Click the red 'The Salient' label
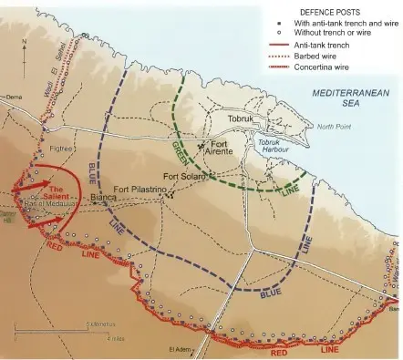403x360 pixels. [36, 191]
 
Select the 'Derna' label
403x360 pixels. [13, 96]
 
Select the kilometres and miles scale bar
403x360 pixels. [64, 330]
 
